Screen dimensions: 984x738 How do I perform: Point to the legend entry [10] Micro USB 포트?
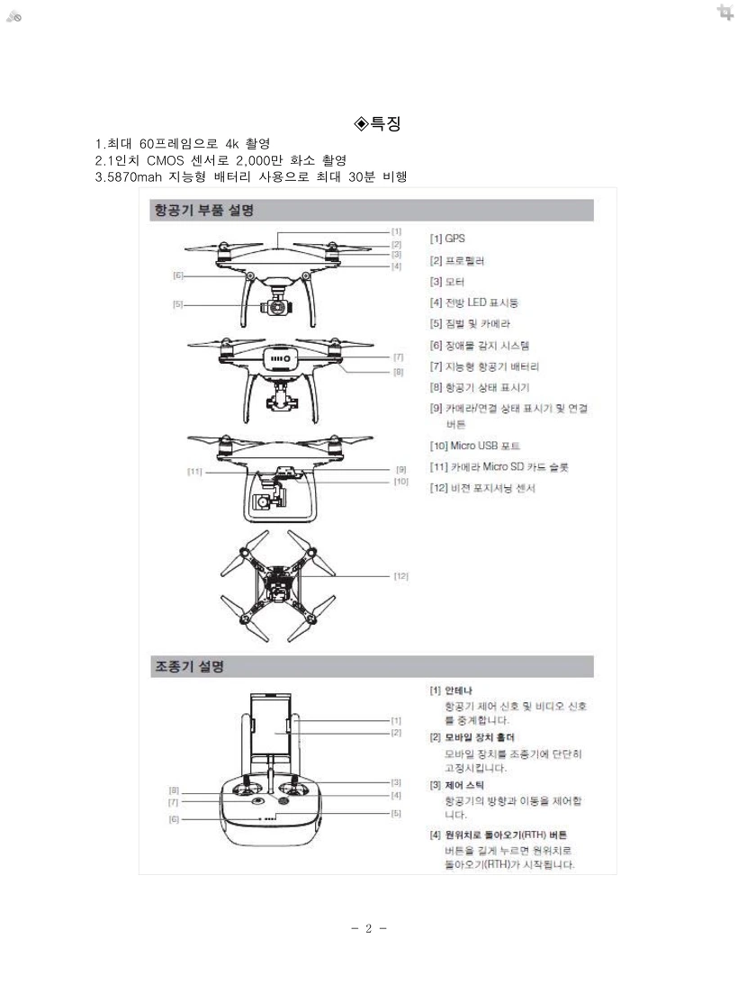click(x=474, y=446)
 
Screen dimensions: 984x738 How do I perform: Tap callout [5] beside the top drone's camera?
click(x=178, y=304)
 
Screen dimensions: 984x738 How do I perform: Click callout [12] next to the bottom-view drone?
click(x=400, y=575)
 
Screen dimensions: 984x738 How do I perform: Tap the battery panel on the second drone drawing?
click(x=280, y=358)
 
